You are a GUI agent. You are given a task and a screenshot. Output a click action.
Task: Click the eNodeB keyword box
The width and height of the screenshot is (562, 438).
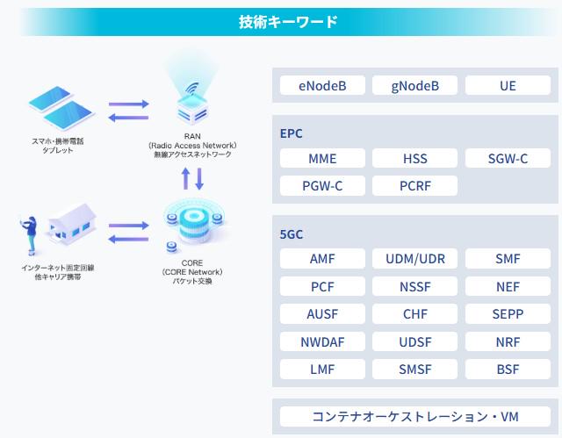[x=322, y=85]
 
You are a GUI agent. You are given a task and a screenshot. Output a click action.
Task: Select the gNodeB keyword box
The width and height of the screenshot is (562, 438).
[x=415, y=85]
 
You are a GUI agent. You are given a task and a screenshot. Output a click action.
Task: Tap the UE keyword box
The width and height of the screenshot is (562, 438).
[x=508, y=85]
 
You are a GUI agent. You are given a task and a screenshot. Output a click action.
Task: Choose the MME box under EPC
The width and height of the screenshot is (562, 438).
[x=322, y=159]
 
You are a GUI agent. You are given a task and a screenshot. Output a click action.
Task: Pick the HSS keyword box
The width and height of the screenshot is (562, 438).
[x=415, y=159]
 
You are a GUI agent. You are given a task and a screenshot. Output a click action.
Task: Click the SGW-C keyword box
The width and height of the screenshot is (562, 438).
[x=508, y=159]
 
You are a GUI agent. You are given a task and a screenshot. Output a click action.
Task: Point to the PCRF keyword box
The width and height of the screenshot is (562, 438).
[x=415, y=186]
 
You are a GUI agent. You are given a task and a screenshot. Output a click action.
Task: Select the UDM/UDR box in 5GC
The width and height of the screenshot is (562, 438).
[x=415, y=259]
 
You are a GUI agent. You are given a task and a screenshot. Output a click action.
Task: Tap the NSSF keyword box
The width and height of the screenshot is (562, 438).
[x=415, y=286]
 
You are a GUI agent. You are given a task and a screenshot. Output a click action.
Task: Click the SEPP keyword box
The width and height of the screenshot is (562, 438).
[x=508, y=313]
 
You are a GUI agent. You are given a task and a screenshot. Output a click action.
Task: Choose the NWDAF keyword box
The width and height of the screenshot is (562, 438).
[x=322, y=341]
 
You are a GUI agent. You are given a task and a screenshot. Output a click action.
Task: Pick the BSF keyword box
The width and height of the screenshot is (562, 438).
[x=508, y=369]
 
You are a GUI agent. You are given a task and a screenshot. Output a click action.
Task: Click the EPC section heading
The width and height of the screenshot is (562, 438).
[x=291, y=134]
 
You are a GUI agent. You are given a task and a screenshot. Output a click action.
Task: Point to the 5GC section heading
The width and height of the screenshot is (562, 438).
[x=292, y=235]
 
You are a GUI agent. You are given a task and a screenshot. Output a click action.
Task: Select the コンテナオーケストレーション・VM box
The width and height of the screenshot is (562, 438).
[x=415, y=416]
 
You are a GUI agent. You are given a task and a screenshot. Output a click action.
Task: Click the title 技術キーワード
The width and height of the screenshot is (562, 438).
[x=288, y=22]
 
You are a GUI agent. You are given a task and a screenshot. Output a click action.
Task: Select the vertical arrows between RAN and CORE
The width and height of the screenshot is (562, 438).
[x=192, y=179]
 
